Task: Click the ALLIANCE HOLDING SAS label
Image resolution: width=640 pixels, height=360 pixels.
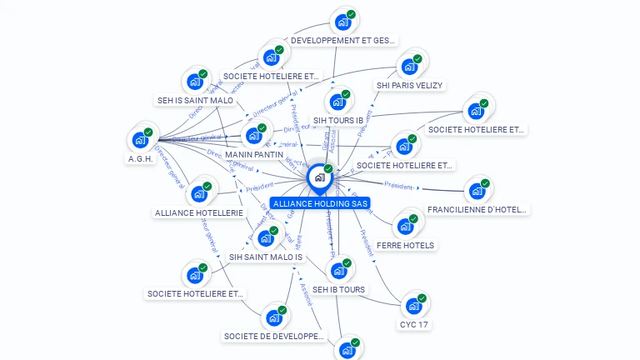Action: pos(320,203)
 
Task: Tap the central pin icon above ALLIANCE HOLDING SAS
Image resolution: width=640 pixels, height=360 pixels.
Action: pos(319,177)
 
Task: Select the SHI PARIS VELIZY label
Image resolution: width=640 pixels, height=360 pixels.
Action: pos(410,85)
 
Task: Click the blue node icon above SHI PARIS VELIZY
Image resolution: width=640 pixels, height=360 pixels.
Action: pos(408,67)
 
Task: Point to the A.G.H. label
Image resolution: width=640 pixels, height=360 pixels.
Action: pos(141,158)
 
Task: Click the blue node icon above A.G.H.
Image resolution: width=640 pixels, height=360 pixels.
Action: pos(140,140)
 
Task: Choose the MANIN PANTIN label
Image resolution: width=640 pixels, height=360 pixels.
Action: pos(254,154)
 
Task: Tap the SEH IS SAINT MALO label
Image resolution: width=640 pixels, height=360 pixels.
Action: pos(196,100)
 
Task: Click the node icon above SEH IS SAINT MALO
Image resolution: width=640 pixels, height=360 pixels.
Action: pos(195,82)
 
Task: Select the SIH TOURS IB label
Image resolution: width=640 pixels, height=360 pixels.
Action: pos(338,120)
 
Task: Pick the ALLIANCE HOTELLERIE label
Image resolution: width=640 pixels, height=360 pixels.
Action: pos(199,212)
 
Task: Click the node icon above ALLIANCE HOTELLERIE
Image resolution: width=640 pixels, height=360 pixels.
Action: pos(198,194)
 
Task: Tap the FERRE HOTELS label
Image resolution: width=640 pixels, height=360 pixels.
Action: pos(406,245)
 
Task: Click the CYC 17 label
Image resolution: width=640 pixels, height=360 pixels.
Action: pos(414,324)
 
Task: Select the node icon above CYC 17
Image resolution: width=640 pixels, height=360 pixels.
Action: pos(413,306)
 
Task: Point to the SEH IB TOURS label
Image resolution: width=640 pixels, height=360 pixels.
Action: pos(339,289)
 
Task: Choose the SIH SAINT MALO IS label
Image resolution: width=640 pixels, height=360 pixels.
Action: pos(266,257)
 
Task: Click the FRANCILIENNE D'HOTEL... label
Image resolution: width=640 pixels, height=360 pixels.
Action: pos(477,209)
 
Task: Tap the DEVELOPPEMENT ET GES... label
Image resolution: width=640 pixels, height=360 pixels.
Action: pos(343,40)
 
